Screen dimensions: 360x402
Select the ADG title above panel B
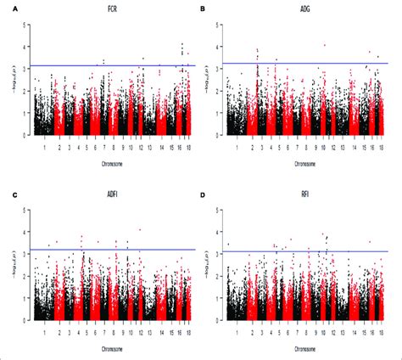[304, 8]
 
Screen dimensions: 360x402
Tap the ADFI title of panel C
[112, 192]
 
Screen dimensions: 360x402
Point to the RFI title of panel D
[304, 192]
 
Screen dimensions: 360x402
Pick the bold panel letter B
[203, 8]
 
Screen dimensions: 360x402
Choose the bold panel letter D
[203, 192]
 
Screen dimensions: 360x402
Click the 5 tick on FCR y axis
[27, 26]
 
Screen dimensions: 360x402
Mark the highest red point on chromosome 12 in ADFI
[139, 229]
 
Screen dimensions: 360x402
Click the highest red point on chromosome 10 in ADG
[325, 45]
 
